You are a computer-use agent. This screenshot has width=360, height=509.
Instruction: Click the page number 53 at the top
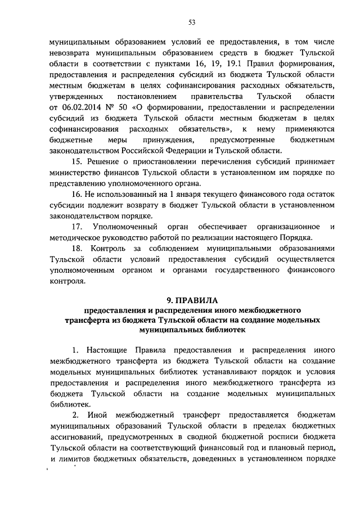point(192,22)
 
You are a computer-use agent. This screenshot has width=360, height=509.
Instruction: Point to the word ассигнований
point(78,438)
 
